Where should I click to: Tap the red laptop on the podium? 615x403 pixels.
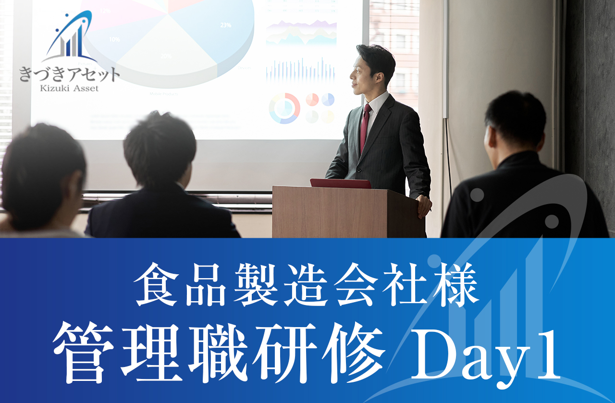pos(340,183)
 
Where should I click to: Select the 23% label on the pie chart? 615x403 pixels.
pos(226,25)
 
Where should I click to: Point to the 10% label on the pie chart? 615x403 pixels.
pos(114,39)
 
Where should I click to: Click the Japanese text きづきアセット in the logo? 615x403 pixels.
pos(70,74)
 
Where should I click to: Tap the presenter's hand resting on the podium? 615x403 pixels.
pos(424,206)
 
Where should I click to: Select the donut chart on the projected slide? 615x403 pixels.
pos(284,108)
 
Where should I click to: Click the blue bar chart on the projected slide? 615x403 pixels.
pos(301,70)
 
